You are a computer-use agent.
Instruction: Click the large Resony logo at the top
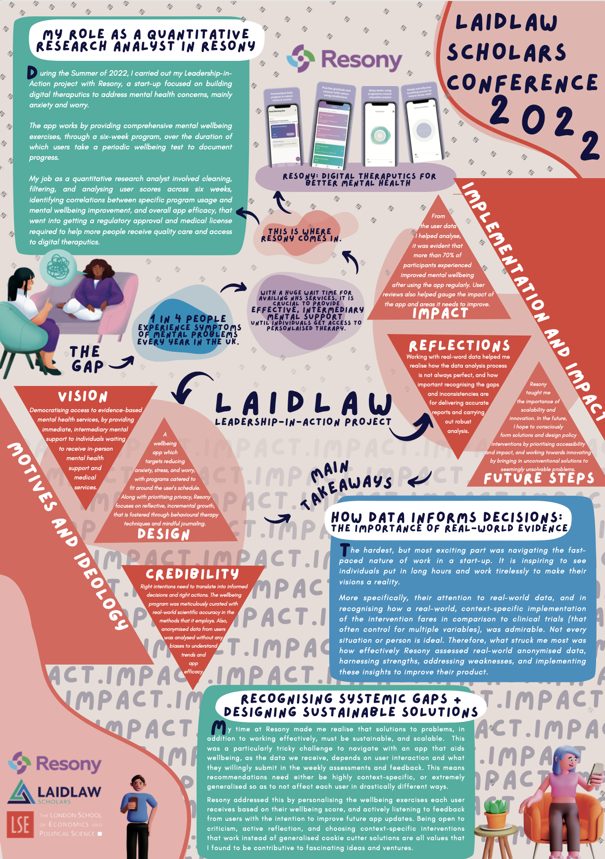[345, 59]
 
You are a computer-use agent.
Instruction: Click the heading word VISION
[83, 396]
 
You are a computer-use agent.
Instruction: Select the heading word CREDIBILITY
[192, 574]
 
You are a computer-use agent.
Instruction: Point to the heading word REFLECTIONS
[459, 345]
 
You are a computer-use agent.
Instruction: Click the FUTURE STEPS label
[539, 478]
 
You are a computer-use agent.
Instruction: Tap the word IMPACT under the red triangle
[440, 313]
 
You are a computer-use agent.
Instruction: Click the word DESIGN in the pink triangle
[163, 534]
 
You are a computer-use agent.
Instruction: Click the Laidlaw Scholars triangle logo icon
[21, 792]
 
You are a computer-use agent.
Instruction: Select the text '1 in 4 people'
[188, 319]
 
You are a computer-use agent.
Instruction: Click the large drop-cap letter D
[32, 73]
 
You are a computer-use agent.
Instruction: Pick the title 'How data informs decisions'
[447, 517]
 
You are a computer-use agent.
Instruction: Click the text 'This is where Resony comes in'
[301, 235]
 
